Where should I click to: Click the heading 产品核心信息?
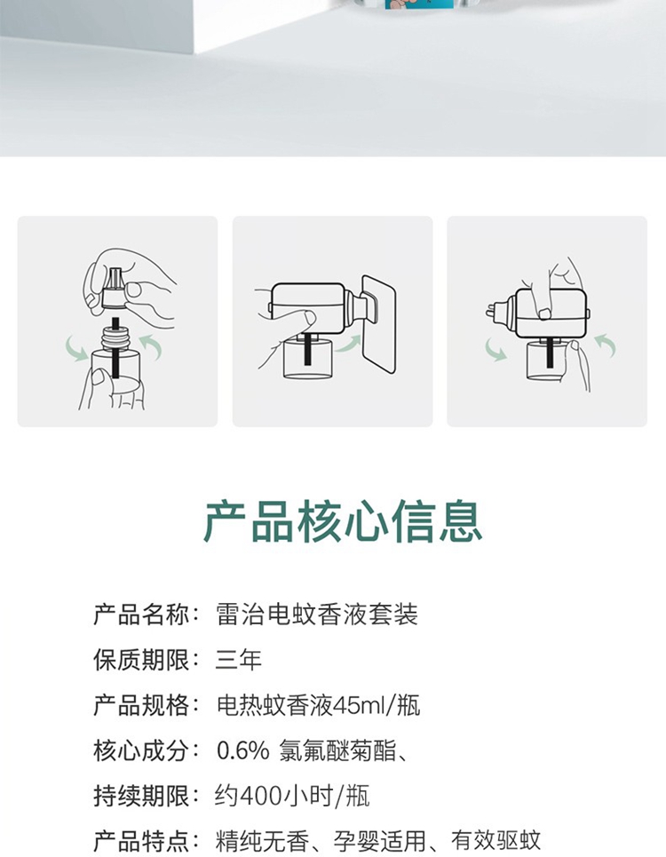coord(343,521)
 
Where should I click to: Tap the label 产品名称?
coord(141,615)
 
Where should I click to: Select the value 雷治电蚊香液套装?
coord(317,615)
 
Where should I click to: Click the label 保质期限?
coord(141,660)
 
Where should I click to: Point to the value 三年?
coord(239,660)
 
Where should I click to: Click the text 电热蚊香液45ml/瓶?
coord(319,705)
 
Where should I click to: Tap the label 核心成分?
coord(141,750)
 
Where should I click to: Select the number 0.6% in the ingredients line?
coord(242,750)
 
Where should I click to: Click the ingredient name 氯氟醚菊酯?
coord(337,750)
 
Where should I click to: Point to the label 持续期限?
coord(141,796)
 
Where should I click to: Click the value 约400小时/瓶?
coord(292,796)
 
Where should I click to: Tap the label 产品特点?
coord(141,841)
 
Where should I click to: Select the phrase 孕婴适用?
coord(379,841)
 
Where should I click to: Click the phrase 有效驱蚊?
coord(496,841)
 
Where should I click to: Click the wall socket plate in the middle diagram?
coord(379,324)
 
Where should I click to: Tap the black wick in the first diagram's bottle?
coord(115,346)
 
